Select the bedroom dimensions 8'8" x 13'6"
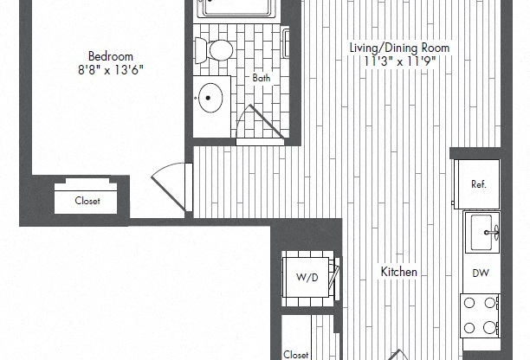coord(104,70)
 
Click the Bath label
coord(261,79)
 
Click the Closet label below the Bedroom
coord(87,202)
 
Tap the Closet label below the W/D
coord(296,354)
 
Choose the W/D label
coord(307,278)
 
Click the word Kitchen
coord(399,272)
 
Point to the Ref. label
coord(478,184)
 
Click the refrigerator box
coord(475,183)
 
